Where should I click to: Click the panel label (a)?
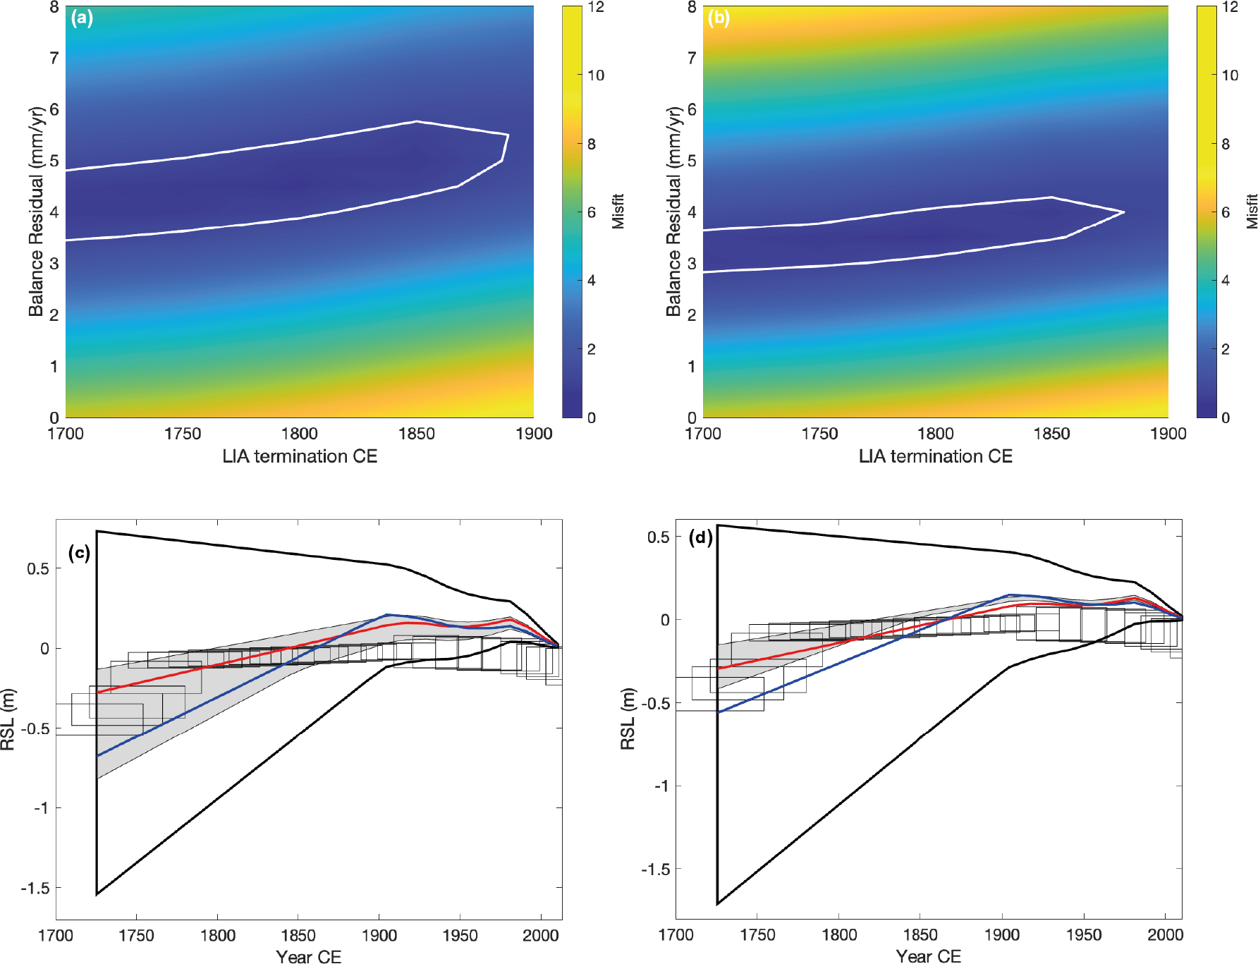click(82, 18)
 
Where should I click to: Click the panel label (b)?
click(719, 18)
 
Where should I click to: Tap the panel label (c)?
click(79, 552)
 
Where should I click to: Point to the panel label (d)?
click(700, 538)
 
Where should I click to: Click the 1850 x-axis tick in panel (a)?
click(416, 434)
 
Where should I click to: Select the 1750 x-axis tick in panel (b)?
click(819, 434)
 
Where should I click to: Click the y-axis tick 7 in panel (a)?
click(54, 58)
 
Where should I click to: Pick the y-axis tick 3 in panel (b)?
click(692, 264)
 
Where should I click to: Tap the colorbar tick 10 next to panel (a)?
click(596, 75)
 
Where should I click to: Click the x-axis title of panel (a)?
click(300, 456)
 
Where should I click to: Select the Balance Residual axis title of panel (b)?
click(674, 212)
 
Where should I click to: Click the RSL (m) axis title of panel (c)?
click(8, 719)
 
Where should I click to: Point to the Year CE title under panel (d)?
click(928, 956)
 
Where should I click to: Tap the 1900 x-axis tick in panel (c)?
click(379, 936)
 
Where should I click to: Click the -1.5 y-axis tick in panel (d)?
click(655, 870)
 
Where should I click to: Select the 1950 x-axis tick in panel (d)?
click(1083, 935)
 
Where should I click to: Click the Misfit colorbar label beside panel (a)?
click(618, 212)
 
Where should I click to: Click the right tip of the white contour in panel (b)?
click(1123, 212)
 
